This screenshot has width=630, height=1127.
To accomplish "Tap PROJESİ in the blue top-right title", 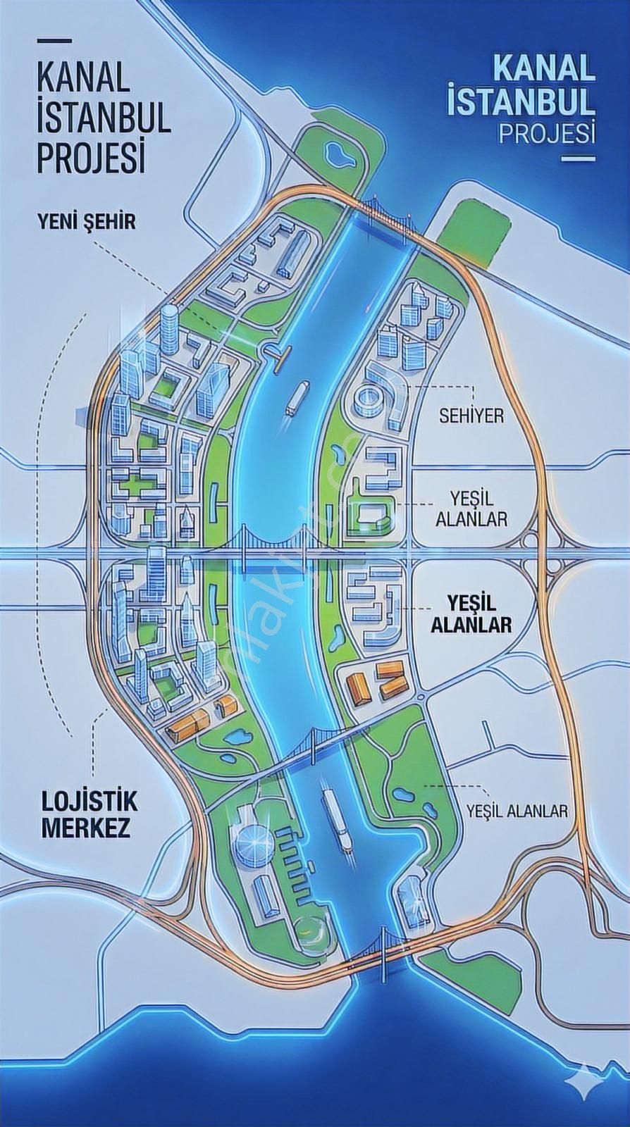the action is click(546, 132).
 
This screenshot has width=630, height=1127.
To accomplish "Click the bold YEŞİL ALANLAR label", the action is click(478, 614).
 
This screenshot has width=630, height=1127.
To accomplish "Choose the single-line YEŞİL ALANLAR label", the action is click(517, 811).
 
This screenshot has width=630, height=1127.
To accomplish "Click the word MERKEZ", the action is click(86, 828).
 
